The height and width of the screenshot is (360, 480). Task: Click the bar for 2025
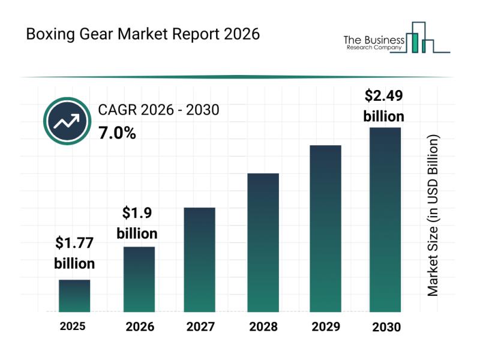coord(74,296)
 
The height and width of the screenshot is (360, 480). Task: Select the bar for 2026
coord(139,279)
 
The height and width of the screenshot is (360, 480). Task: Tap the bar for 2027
coord(200,259)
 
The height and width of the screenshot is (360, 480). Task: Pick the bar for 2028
coord(263,242)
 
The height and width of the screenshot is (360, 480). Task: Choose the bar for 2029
coord(325,229)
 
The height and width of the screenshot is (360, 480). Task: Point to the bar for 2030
coord(385,220)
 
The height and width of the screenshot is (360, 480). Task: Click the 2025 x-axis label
coord(73,326)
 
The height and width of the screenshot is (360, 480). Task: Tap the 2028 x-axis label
coord(263,327)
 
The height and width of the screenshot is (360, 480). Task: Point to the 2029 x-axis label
coord(325,327)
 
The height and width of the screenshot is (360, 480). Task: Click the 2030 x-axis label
coord(386,327)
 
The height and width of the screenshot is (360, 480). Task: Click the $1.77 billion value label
coord(74,253)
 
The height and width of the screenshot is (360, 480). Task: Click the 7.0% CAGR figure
coord(117,133)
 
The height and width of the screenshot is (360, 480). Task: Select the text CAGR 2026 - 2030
coord(158,110)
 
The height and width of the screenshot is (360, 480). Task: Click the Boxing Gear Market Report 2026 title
coord(143,34)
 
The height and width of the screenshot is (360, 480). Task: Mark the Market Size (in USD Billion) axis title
coord(433,215)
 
